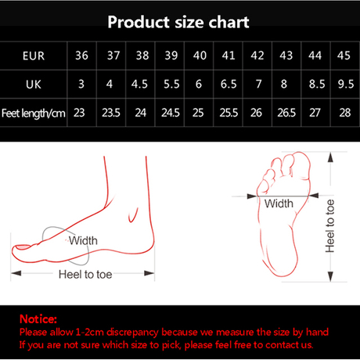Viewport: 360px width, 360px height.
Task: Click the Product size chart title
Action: coord(179,21)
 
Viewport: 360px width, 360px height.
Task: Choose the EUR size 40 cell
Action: coord(199,56)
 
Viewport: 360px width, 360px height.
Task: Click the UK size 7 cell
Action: coord(256,84)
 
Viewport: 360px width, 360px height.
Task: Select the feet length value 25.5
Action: coord(228,111)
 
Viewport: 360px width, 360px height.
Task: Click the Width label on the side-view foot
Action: coord(84,240)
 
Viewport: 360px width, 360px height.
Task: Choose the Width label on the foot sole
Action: coord(279,203)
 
